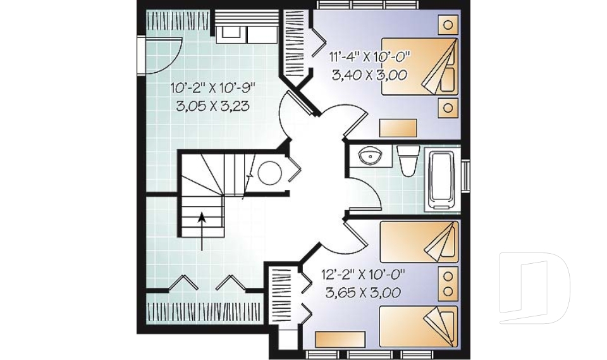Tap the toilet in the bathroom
[x=408, y=159]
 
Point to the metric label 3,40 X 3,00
[x=369, y=75]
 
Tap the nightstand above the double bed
[x=448, y=25]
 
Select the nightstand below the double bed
[x=448, y=107]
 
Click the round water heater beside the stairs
[x=271, y=172]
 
